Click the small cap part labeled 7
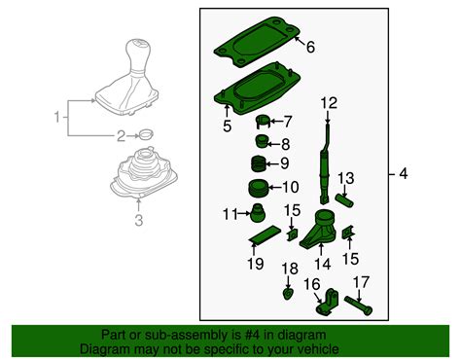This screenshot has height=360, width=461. tap(262, 122)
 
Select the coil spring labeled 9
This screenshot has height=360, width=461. tap(259, 162)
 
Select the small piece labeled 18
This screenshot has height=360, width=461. tap(289, 291)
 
